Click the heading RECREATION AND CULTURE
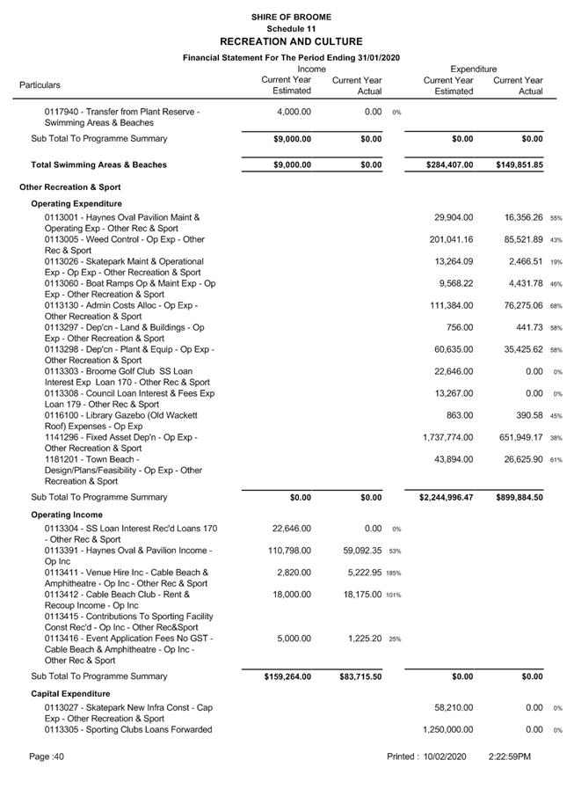click(x=291, y=41)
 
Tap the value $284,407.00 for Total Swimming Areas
click(x=447, y=164)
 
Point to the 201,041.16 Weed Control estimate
click(x=454, y=239)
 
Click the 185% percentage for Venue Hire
click(x=393, y=574)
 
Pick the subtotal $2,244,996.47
click(x=447, y=498)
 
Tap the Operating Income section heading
click(x=67, y=515)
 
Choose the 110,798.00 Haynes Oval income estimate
click(x=287, y=551)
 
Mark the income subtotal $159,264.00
click(x=287, y=676)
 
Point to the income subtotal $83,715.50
click(x=360, y=676)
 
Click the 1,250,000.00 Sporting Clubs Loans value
click(x=447, y=729)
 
